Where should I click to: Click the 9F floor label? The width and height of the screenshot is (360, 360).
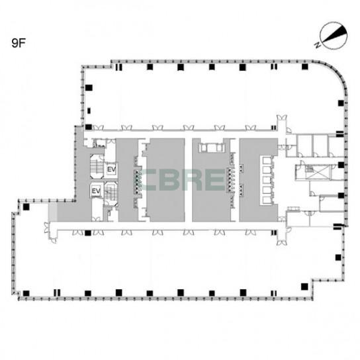[x=19, y=43]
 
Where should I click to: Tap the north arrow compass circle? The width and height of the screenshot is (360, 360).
[x=334, y=36]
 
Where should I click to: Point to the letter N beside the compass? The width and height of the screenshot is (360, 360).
[x=318, y=45]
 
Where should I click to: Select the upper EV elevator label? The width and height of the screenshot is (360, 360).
[x=111, y=169]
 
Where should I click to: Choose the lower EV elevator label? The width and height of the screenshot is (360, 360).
[x=96, y=191]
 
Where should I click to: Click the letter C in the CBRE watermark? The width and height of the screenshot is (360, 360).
[x=150, y=180]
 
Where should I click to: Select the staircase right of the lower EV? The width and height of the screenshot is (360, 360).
[x=111, y=193]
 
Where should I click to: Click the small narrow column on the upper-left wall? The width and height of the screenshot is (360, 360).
[x=89, y=111]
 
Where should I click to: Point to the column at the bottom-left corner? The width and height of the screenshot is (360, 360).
[x=26, y=293]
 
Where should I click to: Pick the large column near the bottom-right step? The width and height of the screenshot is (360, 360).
[x=304, y=287]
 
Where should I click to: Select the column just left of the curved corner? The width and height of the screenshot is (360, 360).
[x=304, y=67]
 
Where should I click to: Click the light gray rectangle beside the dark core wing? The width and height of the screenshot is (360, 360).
[x=52, y=212]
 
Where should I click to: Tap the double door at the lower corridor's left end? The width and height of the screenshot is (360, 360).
[x=46, y=227]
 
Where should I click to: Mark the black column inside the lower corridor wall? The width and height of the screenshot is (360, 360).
[x=88, y=233]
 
